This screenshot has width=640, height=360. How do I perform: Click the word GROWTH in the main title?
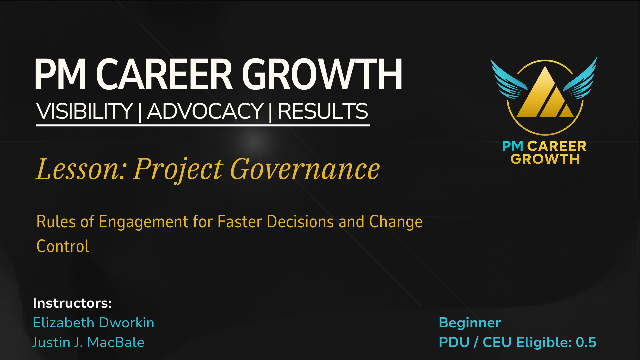tap(322, 74)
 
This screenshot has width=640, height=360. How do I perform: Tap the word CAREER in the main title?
tap(164, 74)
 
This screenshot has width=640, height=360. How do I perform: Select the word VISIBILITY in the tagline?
tap(85, 111)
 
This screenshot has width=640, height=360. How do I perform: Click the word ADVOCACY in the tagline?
tap(205, 111)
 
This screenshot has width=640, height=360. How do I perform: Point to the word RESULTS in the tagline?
tap(323, 111)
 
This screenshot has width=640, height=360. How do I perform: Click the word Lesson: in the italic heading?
tap(81, 169)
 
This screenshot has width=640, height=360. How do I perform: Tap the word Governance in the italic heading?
tap(305, 169)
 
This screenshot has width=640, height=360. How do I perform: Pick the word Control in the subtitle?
tap(63, 246)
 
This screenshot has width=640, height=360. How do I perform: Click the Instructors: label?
tap(72, 303)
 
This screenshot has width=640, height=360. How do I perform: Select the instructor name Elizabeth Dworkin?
tap(94, 323)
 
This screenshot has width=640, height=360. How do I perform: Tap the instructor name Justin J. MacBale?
tap(88, 342)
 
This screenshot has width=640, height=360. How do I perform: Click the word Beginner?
tap(470, 323)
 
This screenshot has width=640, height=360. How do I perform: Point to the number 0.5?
tap(586, 342)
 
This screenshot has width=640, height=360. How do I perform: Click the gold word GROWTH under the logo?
tap(545, 159)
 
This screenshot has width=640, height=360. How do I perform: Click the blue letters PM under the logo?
tap(513, 146)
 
